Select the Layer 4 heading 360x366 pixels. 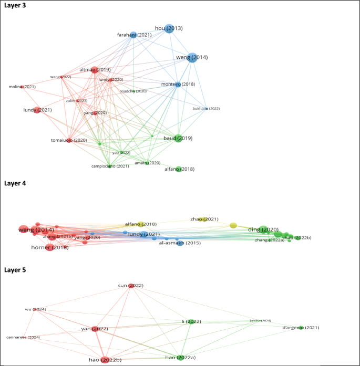[x=18, y=183]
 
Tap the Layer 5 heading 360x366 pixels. [x=18, y=270]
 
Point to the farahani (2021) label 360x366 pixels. [x=134, y=35]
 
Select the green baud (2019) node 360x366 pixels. [x=179, y=138]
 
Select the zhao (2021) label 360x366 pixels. [x=204, y=219]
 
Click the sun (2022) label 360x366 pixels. [x=130, y=285]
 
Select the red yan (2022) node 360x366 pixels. [x=96, y=329]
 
